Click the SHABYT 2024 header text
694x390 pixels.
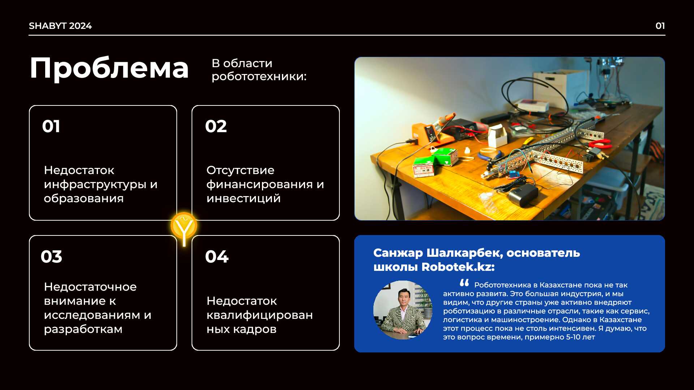[60, 26]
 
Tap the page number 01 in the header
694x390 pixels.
[660, 26]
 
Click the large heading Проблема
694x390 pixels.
[109, 69]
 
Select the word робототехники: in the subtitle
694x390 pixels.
[259, 77]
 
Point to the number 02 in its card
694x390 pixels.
[216, 126]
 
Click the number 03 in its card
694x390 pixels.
[51, 257]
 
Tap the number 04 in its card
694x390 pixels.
[217, 257]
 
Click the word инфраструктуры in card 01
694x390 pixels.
[95, 185]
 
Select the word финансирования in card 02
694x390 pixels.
[260, 185]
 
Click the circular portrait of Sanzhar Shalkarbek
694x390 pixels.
[403, 310]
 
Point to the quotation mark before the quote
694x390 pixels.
[464, 283]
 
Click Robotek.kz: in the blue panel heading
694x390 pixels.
[458, 267]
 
